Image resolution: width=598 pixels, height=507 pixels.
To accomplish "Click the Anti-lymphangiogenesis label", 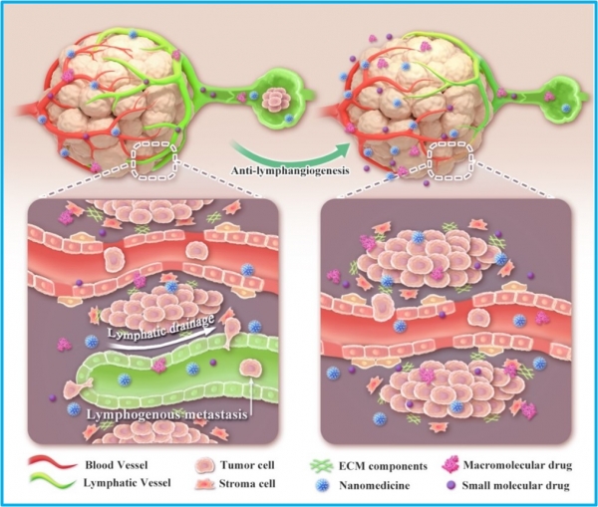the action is click(290, 170).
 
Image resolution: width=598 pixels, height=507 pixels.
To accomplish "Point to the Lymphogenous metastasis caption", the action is click(165, 415).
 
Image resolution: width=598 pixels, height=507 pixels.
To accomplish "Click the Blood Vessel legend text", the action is click(117, 465).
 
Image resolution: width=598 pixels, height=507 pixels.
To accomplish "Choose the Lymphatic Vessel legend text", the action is click(127, 483).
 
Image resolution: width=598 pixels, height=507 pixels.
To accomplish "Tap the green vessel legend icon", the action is click(52, 483).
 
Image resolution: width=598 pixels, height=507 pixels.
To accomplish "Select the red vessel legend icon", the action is click(52, 463).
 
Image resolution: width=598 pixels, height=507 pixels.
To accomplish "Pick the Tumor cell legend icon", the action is click(204, 466).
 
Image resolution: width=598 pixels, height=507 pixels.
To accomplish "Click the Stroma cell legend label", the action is click(247, 484).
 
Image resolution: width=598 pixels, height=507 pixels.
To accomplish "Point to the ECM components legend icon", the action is click(320, 466).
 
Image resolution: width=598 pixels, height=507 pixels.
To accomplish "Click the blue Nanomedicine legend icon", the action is click(323, 485).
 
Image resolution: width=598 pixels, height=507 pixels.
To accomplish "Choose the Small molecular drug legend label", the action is click(515, 486).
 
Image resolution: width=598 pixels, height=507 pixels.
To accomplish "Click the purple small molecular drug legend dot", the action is click(450, 485).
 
